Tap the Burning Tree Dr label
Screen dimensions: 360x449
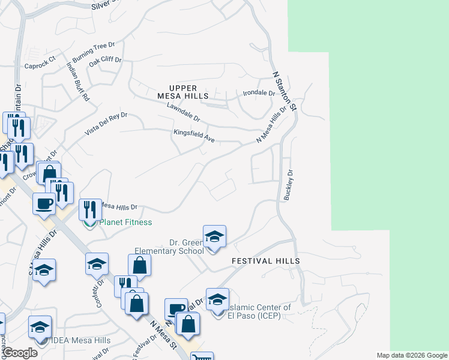[x=93, y=53]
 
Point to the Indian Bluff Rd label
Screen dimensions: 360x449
[x=78, y=82]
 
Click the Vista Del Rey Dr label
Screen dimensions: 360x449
[x=106, y=124]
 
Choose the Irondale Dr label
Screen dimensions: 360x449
[x=258, y=94]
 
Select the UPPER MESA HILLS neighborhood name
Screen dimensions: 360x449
[x=183, y=92]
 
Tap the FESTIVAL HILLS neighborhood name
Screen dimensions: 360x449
[x=265, y=262]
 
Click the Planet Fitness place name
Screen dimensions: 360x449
[x=125, y=222]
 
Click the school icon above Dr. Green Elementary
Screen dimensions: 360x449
[x=214, y=236]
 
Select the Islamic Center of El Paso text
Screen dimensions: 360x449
[x=259, y=311]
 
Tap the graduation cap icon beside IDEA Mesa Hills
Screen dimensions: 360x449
[x=40, y=327]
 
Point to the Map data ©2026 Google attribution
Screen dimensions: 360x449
[x=412, y=355]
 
